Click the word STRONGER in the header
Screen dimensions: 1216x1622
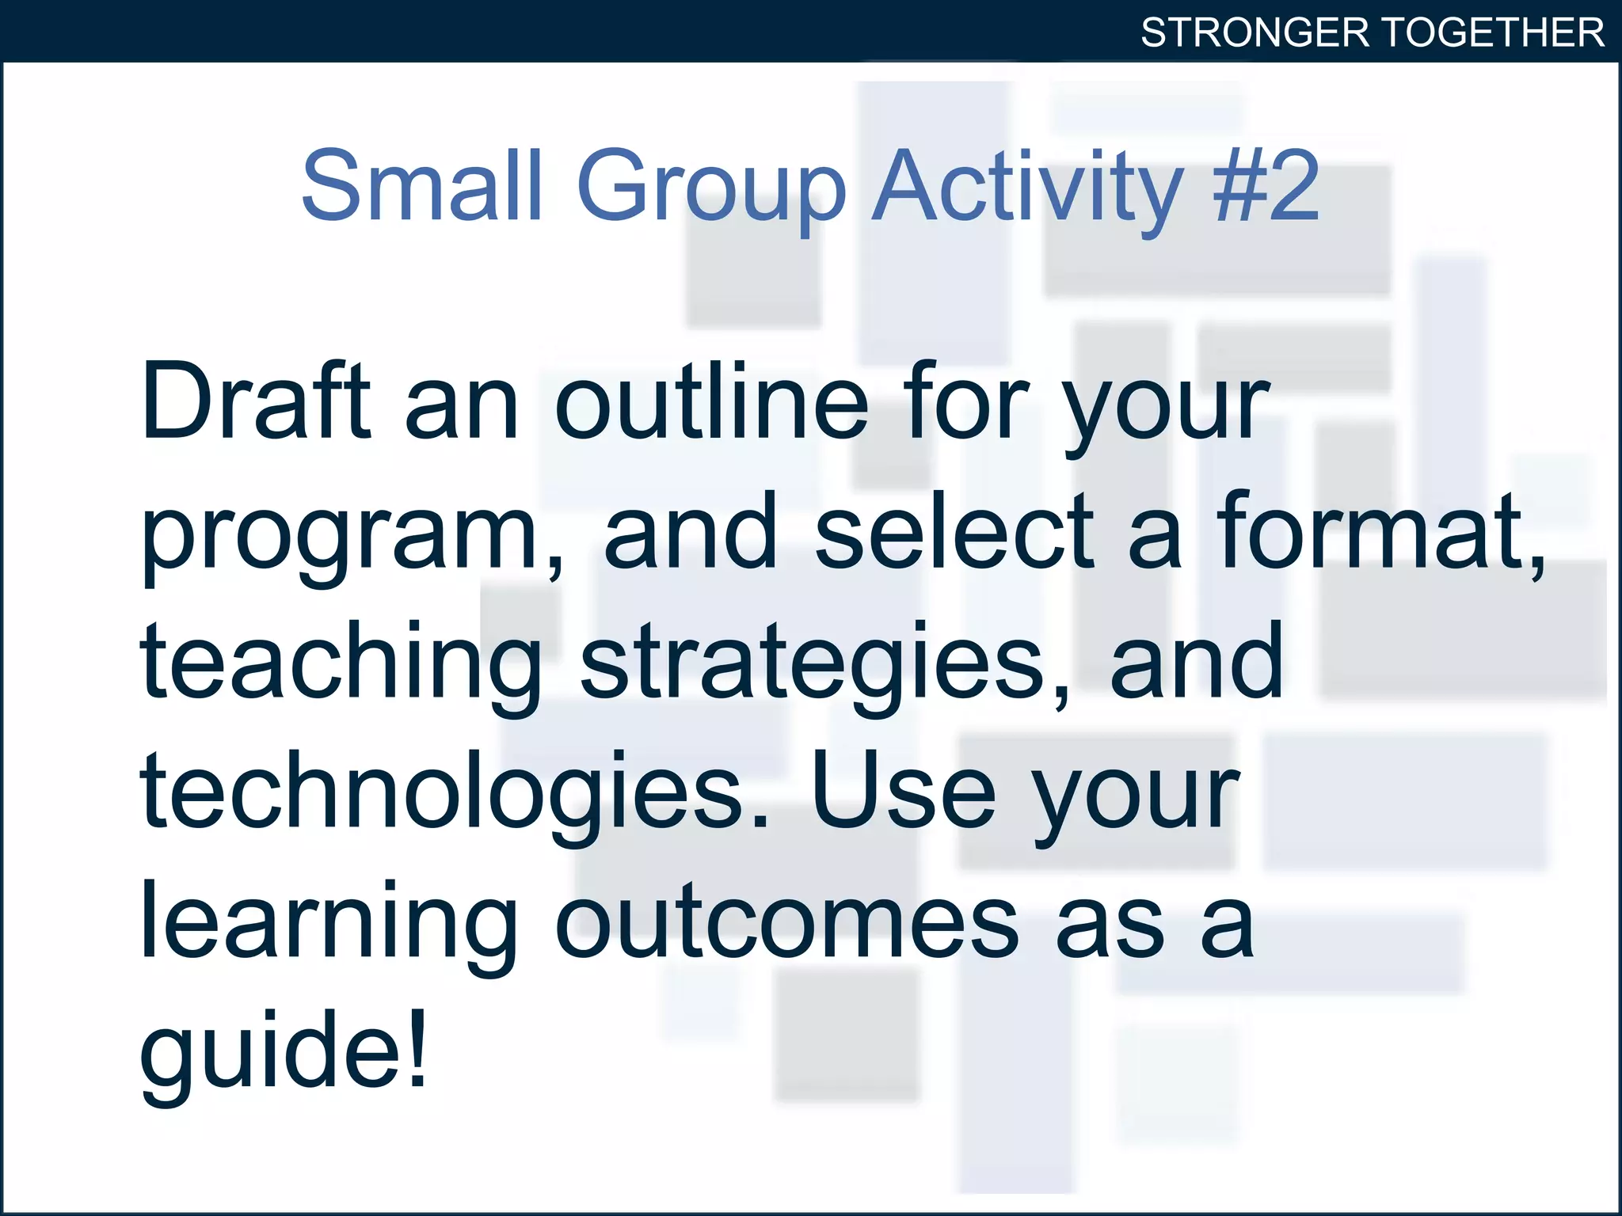pyautogui.click(x=1255, y=32)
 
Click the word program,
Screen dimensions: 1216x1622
pyautogui.click(x=352, y=534)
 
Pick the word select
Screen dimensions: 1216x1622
pyautogui.click(x=954, y=530)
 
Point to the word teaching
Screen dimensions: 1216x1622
pyautogui.click(x=341, y=663)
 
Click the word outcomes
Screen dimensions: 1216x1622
pyautogui.click(x=786, y=922)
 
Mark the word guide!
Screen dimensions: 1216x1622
pyautogui.click(x=283, y=1053)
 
